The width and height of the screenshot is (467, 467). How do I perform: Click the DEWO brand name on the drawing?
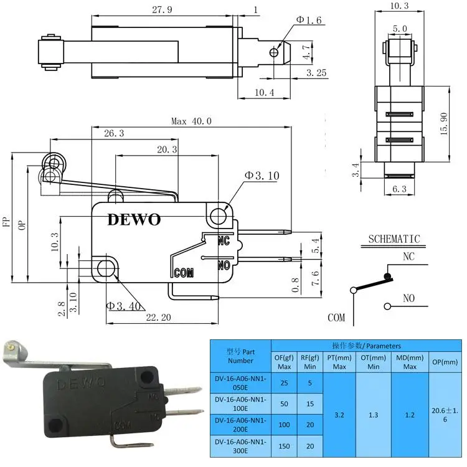134,220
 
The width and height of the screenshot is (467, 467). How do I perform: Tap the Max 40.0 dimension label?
191,121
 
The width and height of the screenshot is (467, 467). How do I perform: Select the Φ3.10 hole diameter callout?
262,176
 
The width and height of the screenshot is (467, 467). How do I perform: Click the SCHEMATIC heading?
394,239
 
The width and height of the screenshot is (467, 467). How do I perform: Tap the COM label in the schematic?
336,318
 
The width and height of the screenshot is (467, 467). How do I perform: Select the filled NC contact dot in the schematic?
387,275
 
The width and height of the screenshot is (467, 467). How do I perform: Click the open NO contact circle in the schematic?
387,306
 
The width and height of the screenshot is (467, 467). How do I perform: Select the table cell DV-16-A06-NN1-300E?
240,446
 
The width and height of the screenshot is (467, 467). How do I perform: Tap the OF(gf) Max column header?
284,361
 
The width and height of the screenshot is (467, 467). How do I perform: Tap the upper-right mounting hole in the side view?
218,216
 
